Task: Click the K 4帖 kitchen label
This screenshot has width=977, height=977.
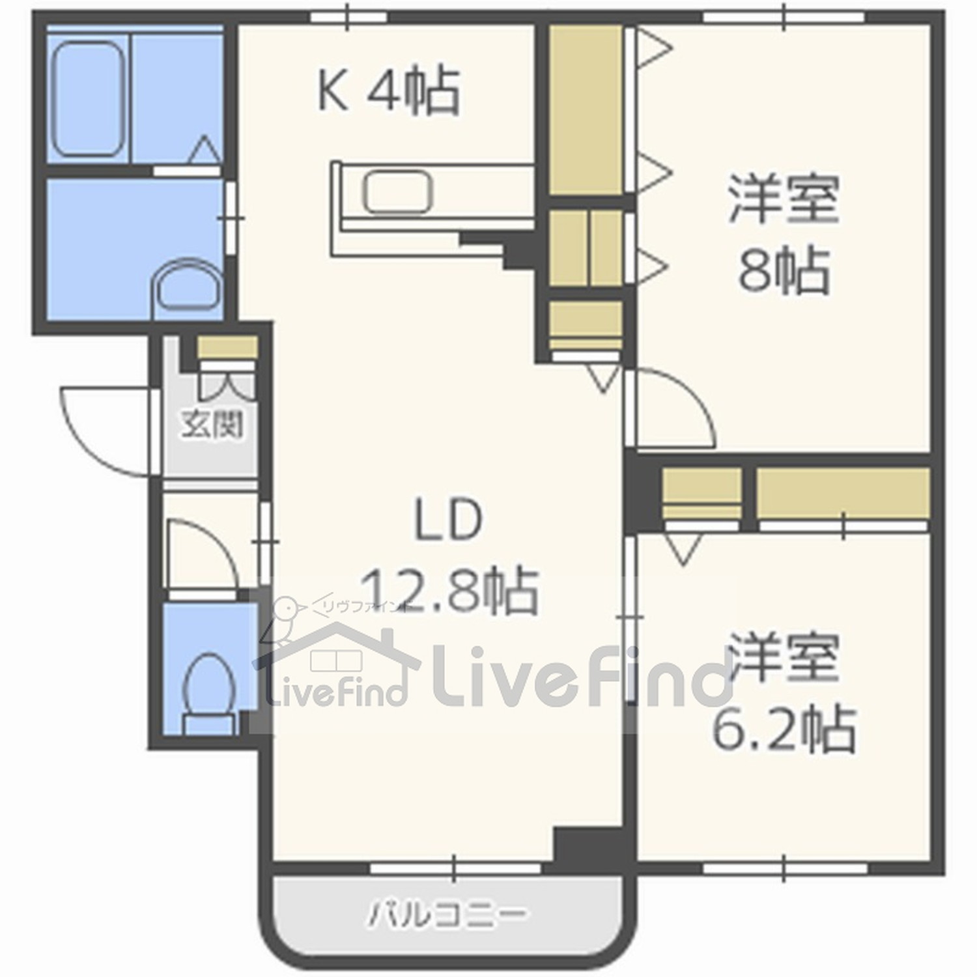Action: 389,91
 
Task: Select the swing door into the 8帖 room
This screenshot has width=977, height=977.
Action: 674,407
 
